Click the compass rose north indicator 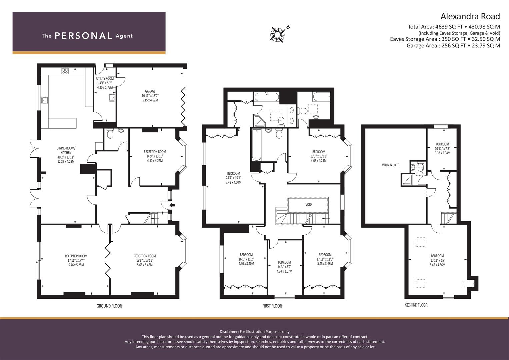(x=278, y=34)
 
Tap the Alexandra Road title (x=470, y=16)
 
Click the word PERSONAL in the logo (x=83, y=36)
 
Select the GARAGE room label (x=150, y=91)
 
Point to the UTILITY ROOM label (x=105, y=79)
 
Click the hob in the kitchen (x=65, y=71)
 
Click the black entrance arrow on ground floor (x=172, y=205)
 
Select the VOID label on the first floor (x=308, y=204)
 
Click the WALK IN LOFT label (x=390, y=165)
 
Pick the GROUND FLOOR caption (x=109, y=306)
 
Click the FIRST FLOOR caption (x=272, y=306)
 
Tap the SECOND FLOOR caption (x=416, y=305)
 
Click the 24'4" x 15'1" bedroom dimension (x=233, y=178)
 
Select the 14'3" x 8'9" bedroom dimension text (x=284, y=267)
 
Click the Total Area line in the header (x=454, y=27)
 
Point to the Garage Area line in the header (x=453, y=46)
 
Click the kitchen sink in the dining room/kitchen (x=44, y=100)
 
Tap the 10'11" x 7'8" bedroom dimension (x=442, y=149)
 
